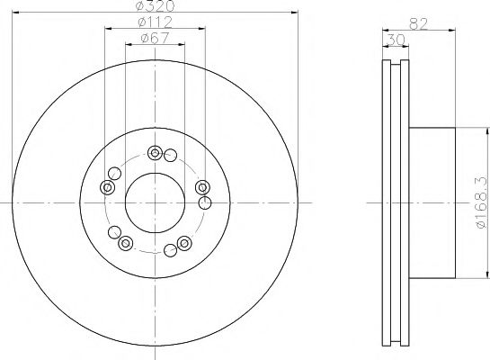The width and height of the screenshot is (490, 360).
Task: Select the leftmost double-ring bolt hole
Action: pyautogui.click(x=107, y=187)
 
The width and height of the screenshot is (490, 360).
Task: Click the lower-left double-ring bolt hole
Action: pyautogui.click(x=125, y=241)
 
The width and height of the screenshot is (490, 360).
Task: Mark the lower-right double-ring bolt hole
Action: pyautogui.click(x=184, y=241)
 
